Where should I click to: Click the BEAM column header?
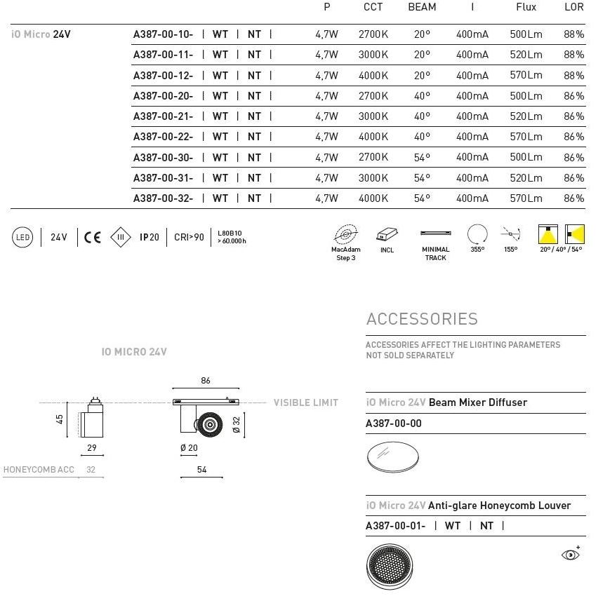coord(422,7)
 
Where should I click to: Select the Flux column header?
coord(526,7)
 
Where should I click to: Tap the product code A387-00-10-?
coord(163,34)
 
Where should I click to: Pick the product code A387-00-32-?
coord(163,198)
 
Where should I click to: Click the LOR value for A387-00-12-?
coord(573,75)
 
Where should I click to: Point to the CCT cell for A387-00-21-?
coord(373,116)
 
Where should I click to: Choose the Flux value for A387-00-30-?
coord(526,158)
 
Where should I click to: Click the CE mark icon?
coord(93,237)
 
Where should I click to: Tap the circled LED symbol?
coord(23,238)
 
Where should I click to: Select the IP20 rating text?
coord(149,238)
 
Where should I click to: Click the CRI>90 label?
coord(189,238)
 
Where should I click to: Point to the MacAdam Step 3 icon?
coord(345,233)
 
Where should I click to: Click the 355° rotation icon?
coord(477,233)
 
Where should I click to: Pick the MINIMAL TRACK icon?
coord(435,233)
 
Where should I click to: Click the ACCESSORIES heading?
coord(422,319)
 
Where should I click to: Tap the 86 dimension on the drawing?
coord(206,381)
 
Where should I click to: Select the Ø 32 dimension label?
coord(237,425)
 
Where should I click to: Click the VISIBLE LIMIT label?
coord(305,402)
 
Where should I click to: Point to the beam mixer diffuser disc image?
coord(393,456)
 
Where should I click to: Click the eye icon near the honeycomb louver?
coord(571,555)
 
